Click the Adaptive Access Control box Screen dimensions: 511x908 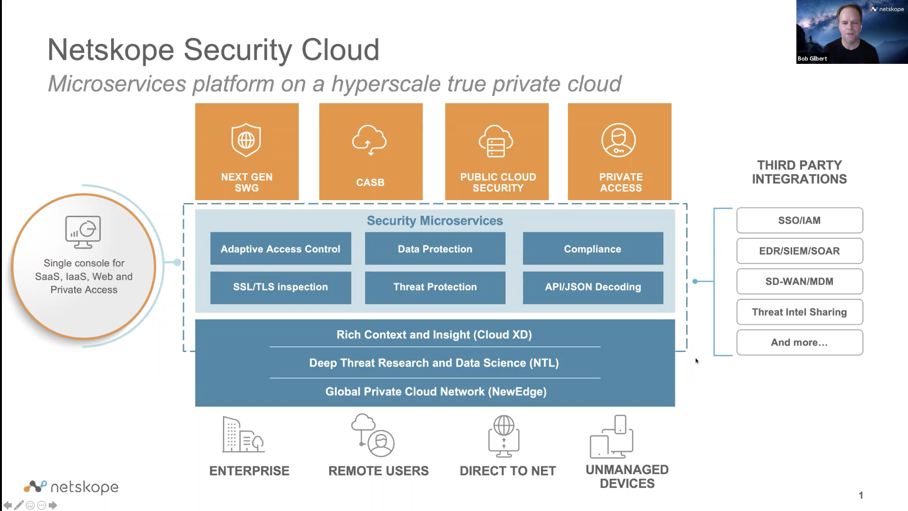pyautogui.click(x=280, y=249)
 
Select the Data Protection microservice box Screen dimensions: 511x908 pyautogui.click(x=435, y=249)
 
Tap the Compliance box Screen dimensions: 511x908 pyautogui.click(x=593, y=249)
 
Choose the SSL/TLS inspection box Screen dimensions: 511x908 pyautogui.click(x=280, y=287)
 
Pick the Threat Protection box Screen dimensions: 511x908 pyautogui.click(x=435, y=287)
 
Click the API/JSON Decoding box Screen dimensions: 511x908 pyautogui.click(x=593, y=287)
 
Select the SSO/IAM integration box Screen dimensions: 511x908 pyautogui.click(x=799, y=220)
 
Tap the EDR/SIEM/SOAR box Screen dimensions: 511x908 pyautogui.click(x=799, y=251)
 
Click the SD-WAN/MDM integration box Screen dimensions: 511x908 pyautogui.click(x=799, y=282)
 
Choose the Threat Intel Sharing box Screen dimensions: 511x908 pyautogui.click(x=799, y=312)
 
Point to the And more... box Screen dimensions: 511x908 pyautogui.click(x=799, y=343)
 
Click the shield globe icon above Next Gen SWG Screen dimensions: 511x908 pyautogui.click(x=246, y=140)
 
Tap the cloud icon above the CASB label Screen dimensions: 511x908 pyautogui.click(x=369, y=140)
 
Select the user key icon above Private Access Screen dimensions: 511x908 pyautogui.click(x=619, y=140)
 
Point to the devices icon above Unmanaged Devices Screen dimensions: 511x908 pyautogui.click(x=611, y=437)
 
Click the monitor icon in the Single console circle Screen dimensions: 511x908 pyautogui.click(x=83, y=232)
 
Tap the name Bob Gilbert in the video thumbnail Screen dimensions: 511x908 pyautogui.click(x=812, y=59)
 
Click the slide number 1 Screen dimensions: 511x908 pyautogui.click(x=861, y=495)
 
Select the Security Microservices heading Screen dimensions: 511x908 pyautogui.click(x=435, y=221)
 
